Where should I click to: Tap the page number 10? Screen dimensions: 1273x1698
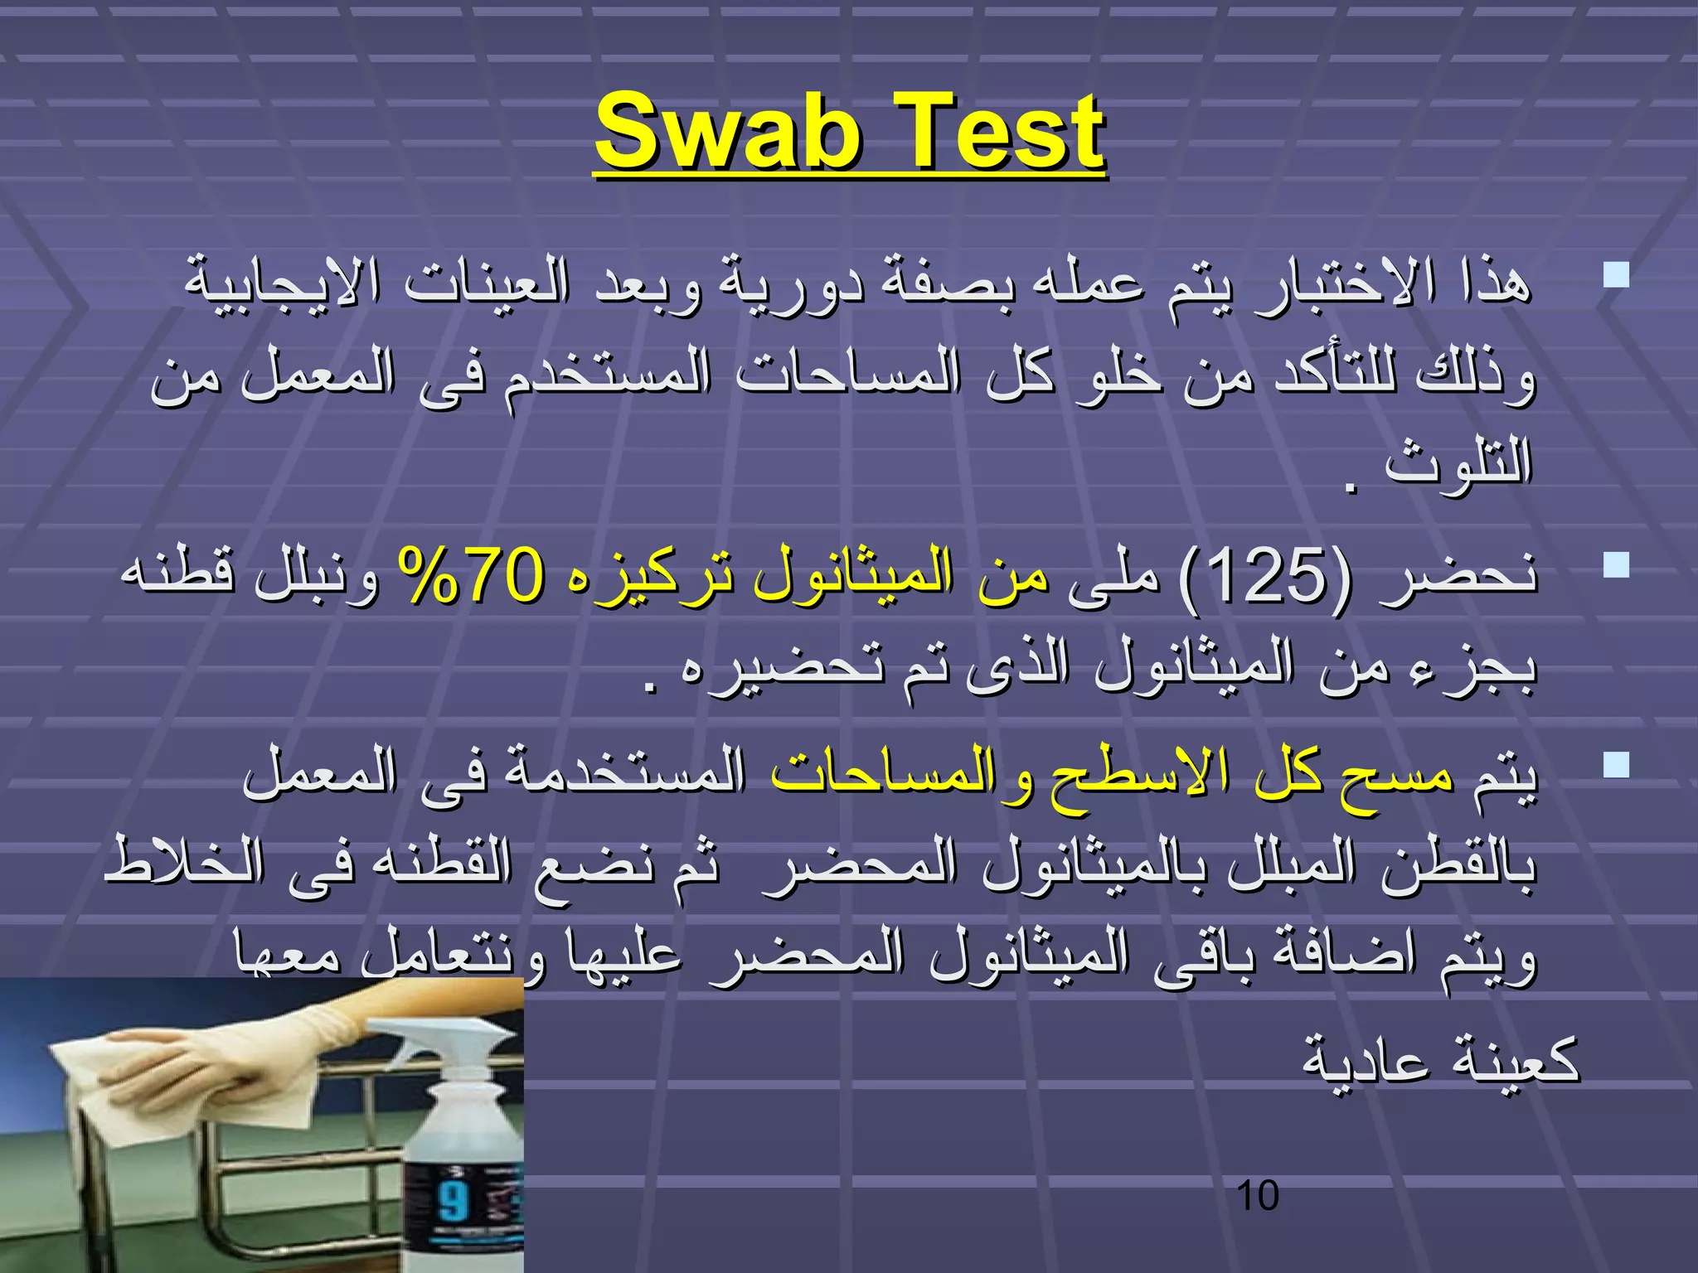pos(1257,1197)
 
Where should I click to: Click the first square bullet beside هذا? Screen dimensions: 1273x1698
pos(1616,274)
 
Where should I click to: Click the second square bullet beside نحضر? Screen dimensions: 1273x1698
pos(1616,565)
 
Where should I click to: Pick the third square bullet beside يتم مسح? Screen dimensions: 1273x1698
pos(1616,764)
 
